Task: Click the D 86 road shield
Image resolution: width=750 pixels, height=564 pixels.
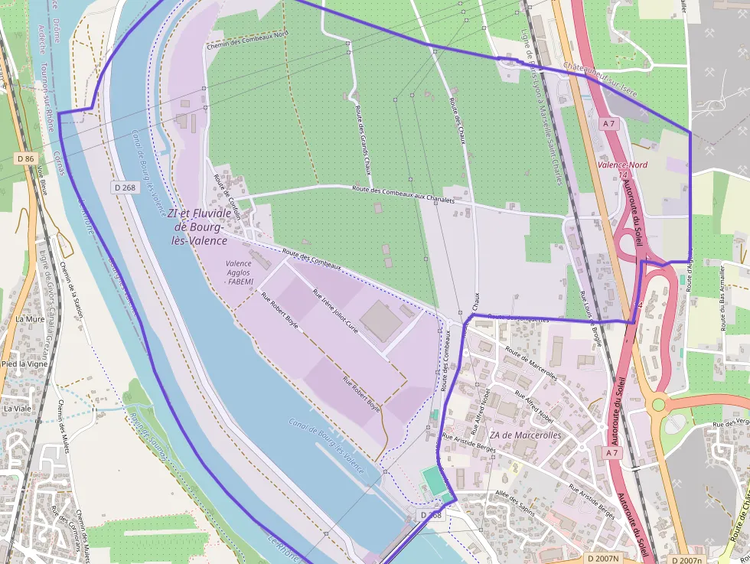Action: point(25,158)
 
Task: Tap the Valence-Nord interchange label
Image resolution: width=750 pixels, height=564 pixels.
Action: point(622,165)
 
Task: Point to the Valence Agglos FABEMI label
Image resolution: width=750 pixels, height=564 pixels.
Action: point(240,272)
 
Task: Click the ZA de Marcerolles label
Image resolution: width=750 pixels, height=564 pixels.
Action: point(525,435)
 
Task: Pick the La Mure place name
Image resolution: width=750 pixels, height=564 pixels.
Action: point(30,319)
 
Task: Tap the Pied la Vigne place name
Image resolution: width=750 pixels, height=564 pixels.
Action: point(25,364)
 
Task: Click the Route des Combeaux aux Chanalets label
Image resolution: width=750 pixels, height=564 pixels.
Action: point(403,194)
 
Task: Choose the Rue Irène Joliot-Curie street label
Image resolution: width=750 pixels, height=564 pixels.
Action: point(335,309)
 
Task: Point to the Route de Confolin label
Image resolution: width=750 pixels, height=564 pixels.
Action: point(227,197)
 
